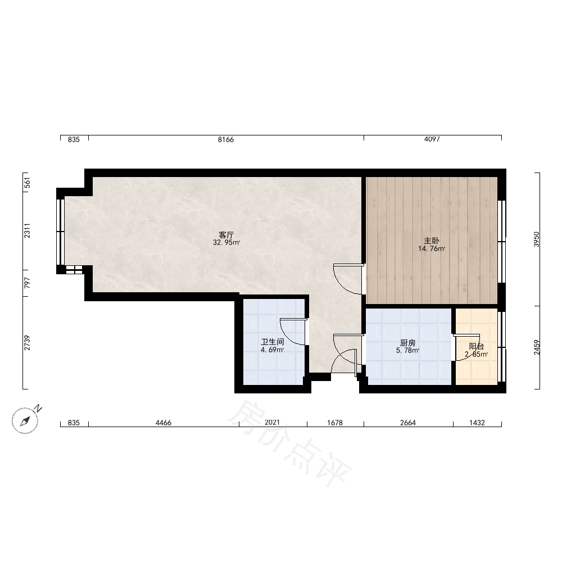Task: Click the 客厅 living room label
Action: click(x=226, y=235)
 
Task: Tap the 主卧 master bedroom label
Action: click(x=432, y=241)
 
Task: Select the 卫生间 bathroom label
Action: click(x=273, y=342)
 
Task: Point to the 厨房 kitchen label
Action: click(x=408, y=343)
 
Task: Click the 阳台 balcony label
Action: click(x=477, y=346)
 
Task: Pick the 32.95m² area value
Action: click(x=226, y=243)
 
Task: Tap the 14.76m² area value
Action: click(x=432, y=249)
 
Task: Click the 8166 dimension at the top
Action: click(x=226, y=139)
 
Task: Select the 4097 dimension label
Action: click(x=432, y=139)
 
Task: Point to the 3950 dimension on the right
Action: click(x=536, y=239)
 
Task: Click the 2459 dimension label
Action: click(x=536, y=347)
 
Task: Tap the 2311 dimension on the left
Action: click(x=27, y=230)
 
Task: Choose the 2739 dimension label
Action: click(x=27, y=343)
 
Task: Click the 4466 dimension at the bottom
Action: click(x=164, y=423)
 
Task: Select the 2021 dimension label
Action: click(x=272, y=423)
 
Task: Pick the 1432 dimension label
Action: click(x=477, y=423)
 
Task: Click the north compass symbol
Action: click(x=25, y=420)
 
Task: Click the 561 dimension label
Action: click(x=27, y=183)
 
